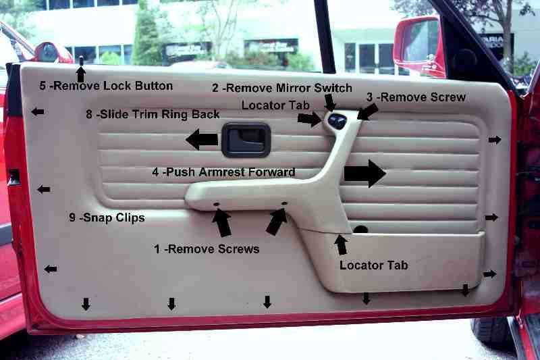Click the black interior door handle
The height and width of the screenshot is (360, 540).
[246, 140]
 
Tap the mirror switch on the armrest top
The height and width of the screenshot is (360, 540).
[337, 120]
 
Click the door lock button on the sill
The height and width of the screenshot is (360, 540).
[81, 61]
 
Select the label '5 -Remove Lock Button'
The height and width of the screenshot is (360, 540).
[106, 86]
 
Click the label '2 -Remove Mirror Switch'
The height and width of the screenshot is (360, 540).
[282, 88]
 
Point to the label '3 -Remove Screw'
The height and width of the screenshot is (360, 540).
[416, 97]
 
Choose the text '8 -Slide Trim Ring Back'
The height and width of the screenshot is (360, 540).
[153, 114]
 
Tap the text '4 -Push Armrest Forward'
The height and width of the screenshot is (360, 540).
[223, 172]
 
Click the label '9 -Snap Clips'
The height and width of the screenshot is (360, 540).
[107, 217]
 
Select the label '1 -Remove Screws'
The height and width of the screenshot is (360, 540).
[207, 249]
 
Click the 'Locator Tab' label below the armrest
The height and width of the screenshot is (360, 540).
[374, 265]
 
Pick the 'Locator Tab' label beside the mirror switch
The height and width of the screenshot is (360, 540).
[275, 105]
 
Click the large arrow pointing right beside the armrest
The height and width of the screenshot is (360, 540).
[364, 174]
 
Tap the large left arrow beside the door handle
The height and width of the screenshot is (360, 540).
[202, 139]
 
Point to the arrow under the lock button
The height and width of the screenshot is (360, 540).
[81, 74]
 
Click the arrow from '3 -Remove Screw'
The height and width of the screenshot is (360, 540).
[367, 112]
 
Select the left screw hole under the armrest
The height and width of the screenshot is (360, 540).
[216, 204]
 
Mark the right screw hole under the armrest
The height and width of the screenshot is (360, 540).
[284, 203]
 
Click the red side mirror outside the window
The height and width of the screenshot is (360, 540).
[416, 45]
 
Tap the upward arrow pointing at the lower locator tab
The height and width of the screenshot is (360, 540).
[341, 245]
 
